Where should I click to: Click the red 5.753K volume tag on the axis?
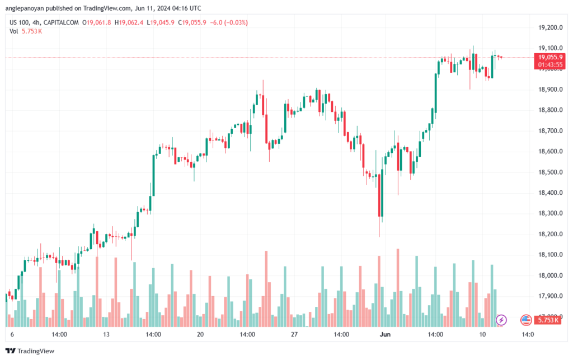click(x=547, y=321)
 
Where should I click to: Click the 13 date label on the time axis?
click(x=106, y=334)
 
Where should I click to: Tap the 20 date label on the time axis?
click(x=200, y=334)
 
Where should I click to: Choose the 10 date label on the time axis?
click(x=482, y=334)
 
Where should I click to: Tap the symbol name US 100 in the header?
click(x=20, y=22)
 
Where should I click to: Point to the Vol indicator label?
click(x=14, y=31)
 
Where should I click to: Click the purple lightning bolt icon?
click(x=501, y=320)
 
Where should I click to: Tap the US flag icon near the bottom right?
click(x=525, y=320)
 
